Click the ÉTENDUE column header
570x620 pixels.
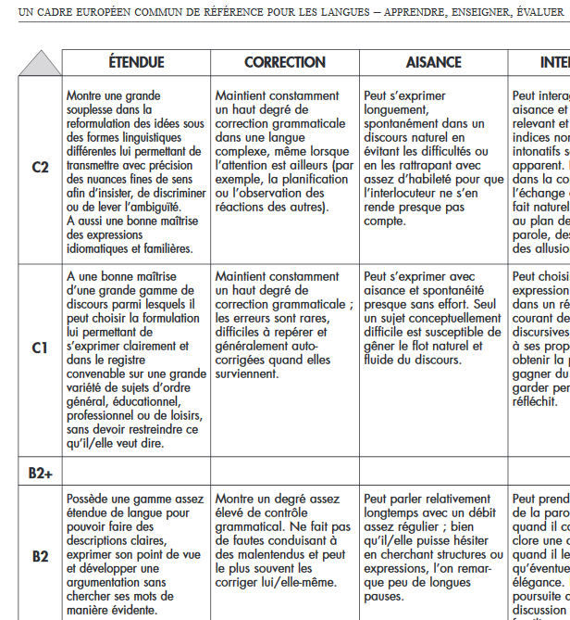tap(136, 62)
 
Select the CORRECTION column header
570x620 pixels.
tap(285, 62)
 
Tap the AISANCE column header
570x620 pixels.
tap(433, 62)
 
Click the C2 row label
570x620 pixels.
tap(40, 168)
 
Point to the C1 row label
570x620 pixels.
tap(40, 348)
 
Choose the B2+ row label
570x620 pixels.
tap(40, 473)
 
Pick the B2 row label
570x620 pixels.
tap(40, 556)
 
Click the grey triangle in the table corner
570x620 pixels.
tap(39, 65)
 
